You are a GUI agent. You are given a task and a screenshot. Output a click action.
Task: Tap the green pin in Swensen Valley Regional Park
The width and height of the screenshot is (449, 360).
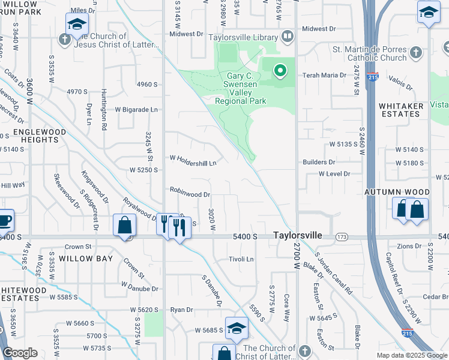pyautogui.click(x=280, y=71)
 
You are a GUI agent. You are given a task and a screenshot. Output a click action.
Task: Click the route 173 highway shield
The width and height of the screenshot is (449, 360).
pyautogui.click(x=342, y=238)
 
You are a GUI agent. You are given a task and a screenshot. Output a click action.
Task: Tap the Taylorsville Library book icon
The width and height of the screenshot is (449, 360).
pyautogui.click(x=288, y=37)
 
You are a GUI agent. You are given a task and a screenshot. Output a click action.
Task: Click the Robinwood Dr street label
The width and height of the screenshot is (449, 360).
pyautogui.click(x=190, y=194)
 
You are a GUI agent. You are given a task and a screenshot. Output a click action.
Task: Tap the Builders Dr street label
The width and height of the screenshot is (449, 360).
pyautogui.click(x=319, y=162)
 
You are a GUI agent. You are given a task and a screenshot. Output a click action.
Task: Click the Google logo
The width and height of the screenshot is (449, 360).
pyautogui.click(x=20, y=353)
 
